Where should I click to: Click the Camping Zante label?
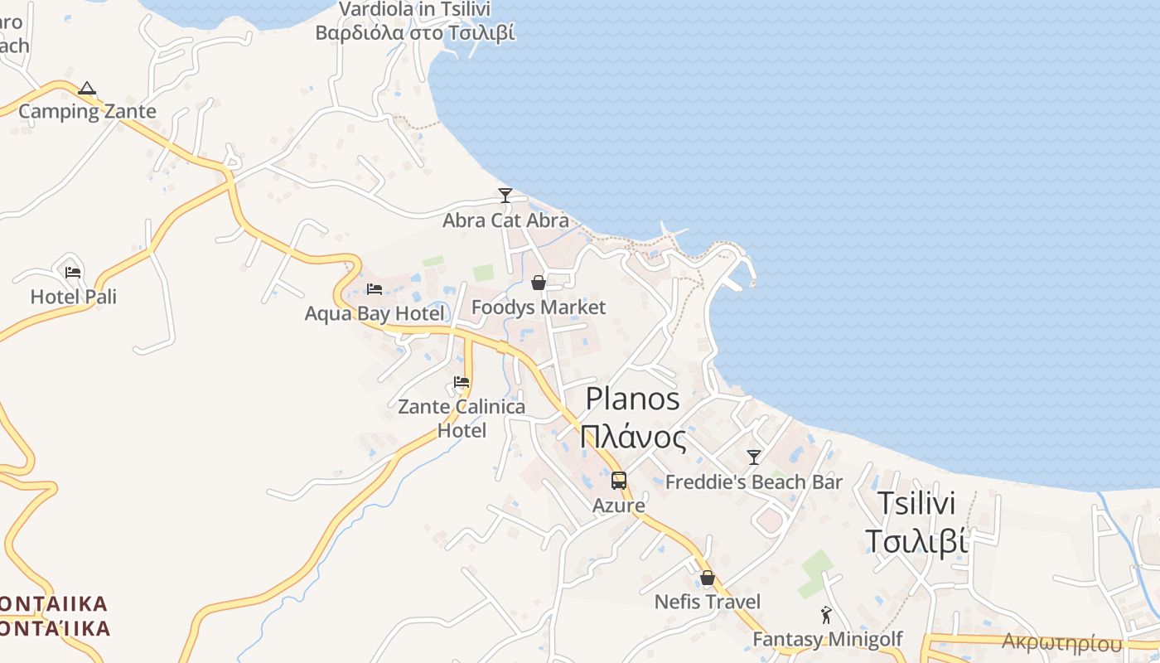(x=87, y=111)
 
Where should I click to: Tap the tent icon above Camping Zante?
(x=87, y=89)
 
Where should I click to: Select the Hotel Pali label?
(x=74, y=297)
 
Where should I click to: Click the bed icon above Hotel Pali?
(x=73, y=272)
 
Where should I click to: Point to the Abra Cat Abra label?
(x=505, y=220)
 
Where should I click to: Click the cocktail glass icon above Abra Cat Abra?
(x=505, y=196)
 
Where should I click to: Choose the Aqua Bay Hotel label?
(x=375, y=313)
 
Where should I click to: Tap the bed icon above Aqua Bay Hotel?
(x=375, y=289)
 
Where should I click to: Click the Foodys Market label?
(x=539, y=307)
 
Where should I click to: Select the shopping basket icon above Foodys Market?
(x=539, y=283)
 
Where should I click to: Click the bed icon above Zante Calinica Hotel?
(x=462, y=382)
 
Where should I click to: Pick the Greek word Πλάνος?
(x=633, y=437)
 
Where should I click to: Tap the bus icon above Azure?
(x=619, y=480)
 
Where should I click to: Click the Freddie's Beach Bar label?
(x=754, y=482)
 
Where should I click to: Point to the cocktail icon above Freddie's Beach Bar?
(x=754, y=457)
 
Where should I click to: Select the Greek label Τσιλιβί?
(x=916, y=541)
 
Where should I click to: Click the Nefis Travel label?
(x=708, y=602)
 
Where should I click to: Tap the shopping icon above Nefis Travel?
(x=708, y=578)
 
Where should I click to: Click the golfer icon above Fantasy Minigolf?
(x=826, y=615)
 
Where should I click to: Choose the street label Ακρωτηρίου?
(x=1062, y=642)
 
